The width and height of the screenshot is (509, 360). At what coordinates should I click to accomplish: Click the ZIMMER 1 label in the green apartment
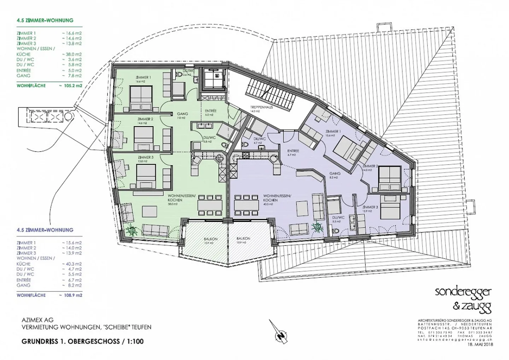click(x=143, y=77)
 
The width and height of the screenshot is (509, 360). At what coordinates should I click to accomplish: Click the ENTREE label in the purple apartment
click(x=293, y=151)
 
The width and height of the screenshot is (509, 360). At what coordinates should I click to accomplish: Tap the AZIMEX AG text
click(x=37, y=320)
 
